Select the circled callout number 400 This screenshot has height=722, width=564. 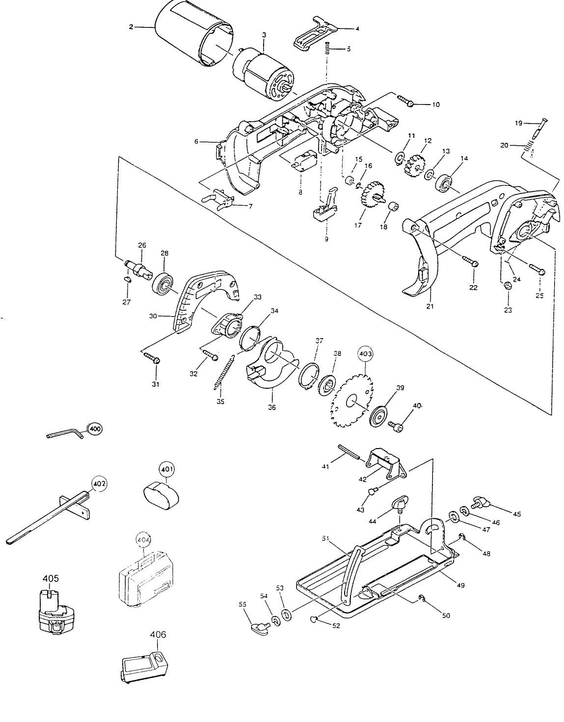pos(95,428)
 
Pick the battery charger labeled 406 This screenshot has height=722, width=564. pos(144,667)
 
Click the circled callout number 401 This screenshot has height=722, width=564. pos(167,469)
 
